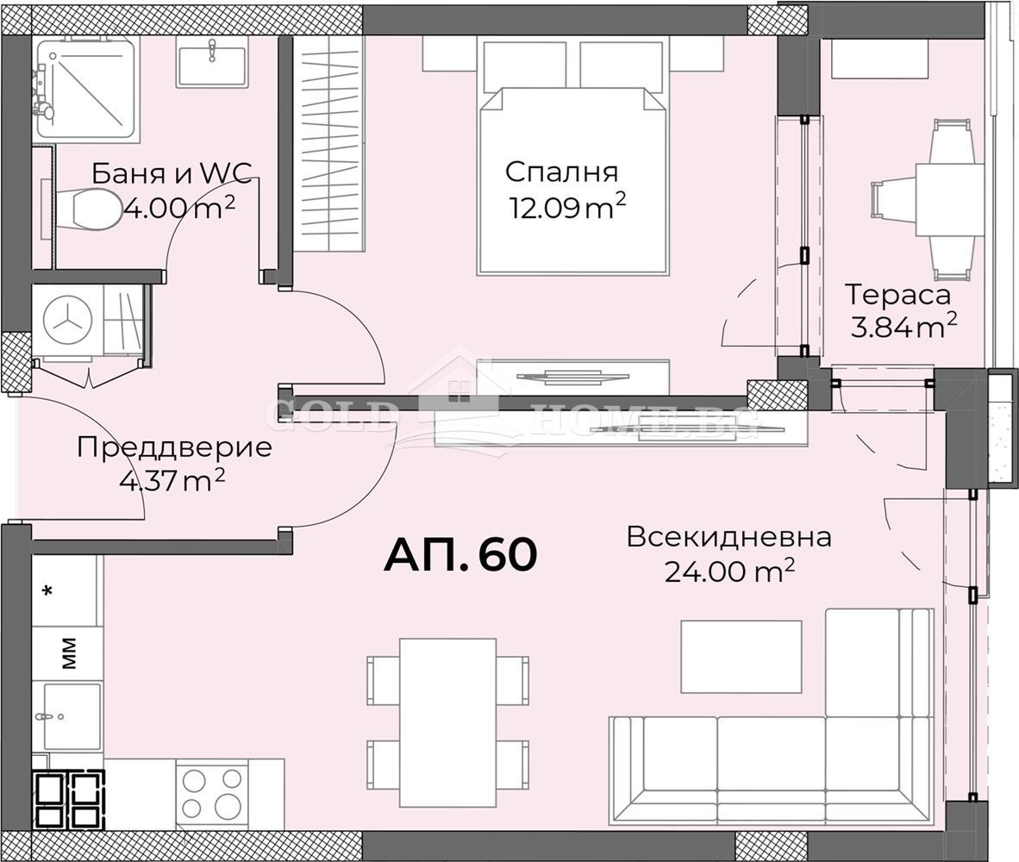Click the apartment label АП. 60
click(x=460, y=554)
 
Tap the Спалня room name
click(x=561, y=172)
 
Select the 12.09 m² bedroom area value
click(x=566, y=208)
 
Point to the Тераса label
click(x=897, y=295)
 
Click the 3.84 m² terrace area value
click(x=897, y=327)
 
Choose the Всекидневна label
click(x=728, y=537)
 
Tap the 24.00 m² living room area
click(x=728, y=571)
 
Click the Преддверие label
click(x=174, y=447)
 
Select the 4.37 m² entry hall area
click(x=172, y=479)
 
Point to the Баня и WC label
click(x=172, y=173)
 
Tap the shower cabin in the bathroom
click(x=85, y=88)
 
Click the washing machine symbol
click(x=68, y=320)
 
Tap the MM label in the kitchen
click(x=68, y=653)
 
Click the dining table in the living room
click(x=447, y=722)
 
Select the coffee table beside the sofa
click(x=741, y=656)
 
